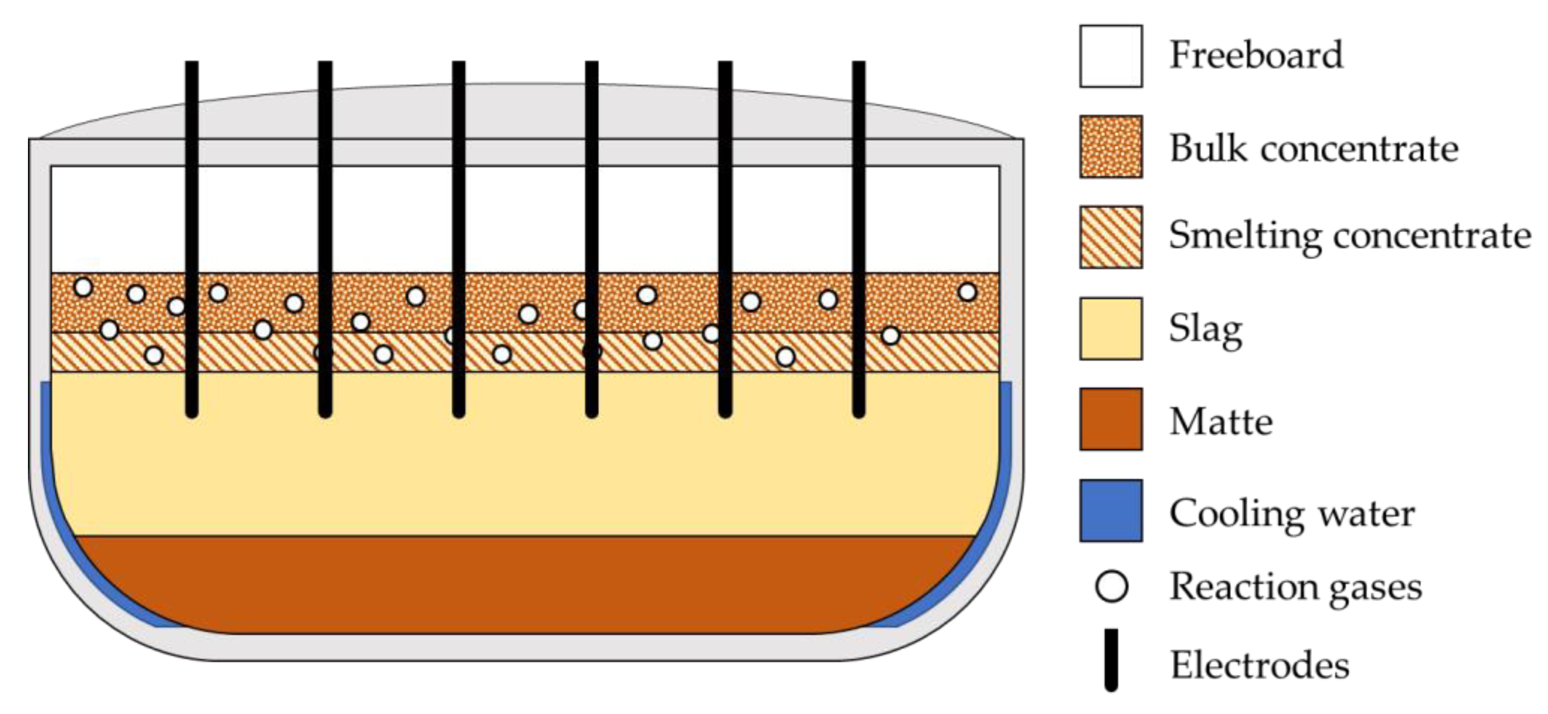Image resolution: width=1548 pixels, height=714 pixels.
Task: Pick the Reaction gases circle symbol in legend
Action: (1111, 586)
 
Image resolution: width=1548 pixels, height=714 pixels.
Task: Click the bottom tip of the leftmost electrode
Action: (192, 412)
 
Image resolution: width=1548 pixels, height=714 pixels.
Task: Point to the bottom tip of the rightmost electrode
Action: (859, 412)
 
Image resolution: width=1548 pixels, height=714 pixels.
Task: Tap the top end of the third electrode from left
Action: (459, 64)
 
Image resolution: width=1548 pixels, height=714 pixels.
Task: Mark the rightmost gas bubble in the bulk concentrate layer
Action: (967, 292)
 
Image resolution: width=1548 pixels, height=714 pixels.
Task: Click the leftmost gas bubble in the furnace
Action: (83, 287)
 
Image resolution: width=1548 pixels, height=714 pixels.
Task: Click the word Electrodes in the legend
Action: (1260, 665)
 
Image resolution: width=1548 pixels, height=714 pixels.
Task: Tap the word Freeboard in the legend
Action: (1256, 55)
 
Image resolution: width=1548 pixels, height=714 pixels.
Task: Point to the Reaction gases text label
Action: (1295, 587)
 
